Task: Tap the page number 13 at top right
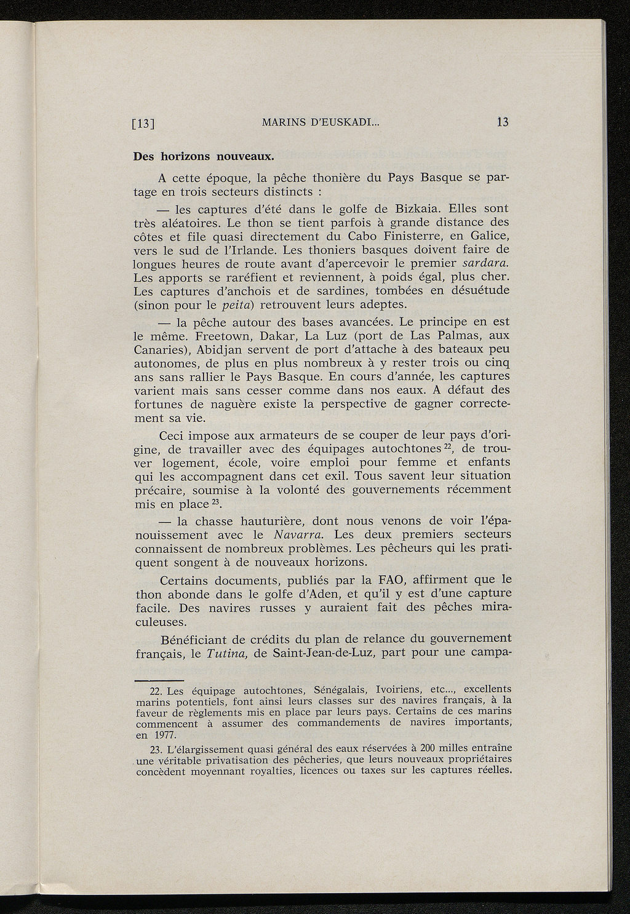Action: click(503, 122)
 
